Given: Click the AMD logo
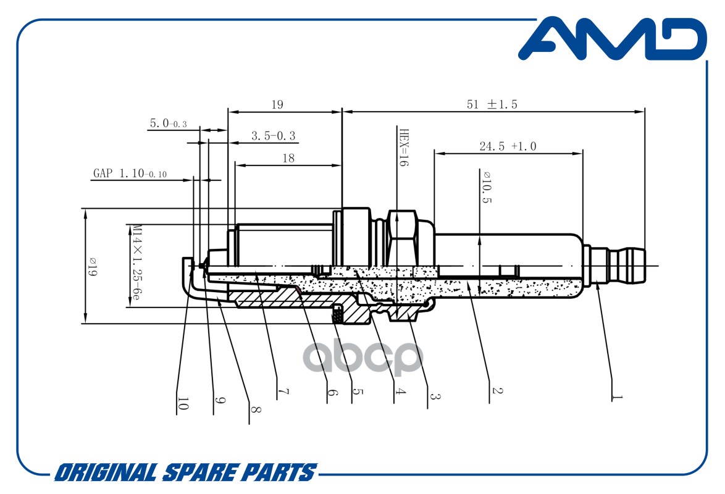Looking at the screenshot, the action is tap(613, 39).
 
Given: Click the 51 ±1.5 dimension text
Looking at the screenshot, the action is tap(492, 104).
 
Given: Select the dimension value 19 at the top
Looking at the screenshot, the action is tap(277, 104).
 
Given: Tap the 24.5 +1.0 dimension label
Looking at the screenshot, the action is tap(508, 146).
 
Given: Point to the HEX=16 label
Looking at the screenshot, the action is tap(404, 148).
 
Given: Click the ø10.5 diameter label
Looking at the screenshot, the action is tap(487, 187).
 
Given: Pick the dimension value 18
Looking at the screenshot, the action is tap(288, 158).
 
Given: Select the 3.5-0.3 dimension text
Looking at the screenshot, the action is tap(273, 136).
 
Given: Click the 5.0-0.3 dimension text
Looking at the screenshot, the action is tap(169, 124).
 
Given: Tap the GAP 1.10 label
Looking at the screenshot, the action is tap(130, 174).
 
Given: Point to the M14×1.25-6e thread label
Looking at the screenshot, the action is tap(135, 262).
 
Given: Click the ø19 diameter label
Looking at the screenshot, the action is tap(92, 267).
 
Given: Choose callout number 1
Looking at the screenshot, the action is tap(617, 397).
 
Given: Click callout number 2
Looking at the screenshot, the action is tap(497, 391).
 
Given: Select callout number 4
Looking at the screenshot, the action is tap(400, 391).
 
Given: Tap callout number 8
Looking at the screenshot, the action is tap(256, 409).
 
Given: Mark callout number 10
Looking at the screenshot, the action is tap(183, 404).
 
